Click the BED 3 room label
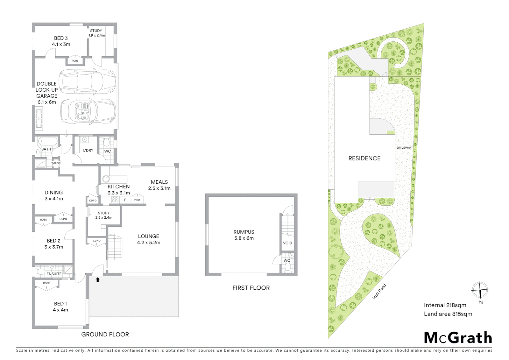[x=61, y=38]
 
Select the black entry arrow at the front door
[x=98, y=280]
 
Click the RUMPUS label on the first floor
[x=244, y=232]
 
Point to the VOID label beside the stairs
[x=287, y=243]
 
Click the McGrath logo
[x=458, y=338]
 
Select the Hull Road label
[x=379, y=291]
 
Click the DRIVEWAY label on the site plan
[x=404, y=148]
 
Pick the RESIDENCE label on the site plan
[x=364, y=158]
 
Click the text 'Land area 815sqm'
[x=448, y=314]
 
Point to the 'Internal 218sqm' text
[x=445, y=305]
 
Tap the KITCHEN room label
[x=119, y=187]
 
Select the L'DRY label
[x=88, y=150]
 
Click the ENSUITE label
[x=54, y=274]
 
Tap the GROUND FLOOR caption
[x=105, y=334]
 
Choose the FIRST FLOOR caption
[x=251, y=288]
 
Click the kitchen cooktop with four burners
[x=115, y=200]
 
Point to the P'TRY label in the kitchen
[x=137, y=200]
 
